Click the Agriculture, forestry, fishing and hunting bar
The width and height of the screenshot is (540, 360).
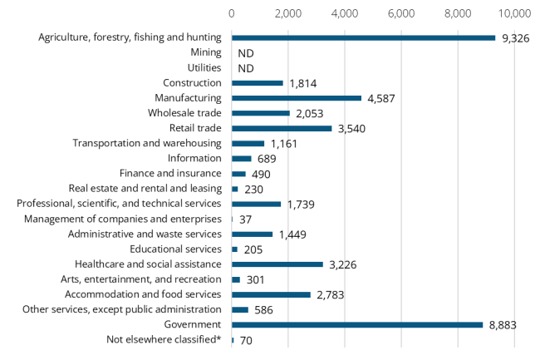click(363, 37)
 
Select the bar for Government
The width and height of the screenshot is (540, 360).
click(357, 324)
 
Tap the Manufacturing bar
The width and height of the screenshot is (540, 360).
click(297, 98)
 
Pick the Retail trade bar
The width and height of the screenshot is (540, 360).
click(282, 128)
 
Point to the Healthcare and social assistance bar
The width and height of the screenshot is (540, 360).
click(277, 264)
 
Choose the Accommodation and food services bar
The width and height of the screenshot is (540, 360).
click(271, 294)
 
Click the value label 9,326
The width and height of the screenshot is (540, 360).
click(516, 38)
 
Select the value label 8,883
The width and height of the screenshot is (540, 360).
click(503, 325)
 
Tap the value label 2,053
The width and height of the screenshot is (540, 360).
click(311, 114)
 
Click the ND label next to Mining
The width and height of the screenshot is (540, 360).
click(245, 53)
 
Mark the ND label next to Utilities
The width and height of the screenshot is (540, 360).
click(245, 68)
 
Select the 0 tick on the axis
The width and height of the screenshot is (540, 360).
click(231, 13)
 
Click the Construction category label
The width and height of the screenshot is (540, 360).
click(193, 83)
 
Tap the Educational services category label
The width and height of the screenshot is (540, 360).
click(175, 249)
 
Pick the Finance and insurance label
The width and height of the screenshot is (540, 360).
click(170, 174)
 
